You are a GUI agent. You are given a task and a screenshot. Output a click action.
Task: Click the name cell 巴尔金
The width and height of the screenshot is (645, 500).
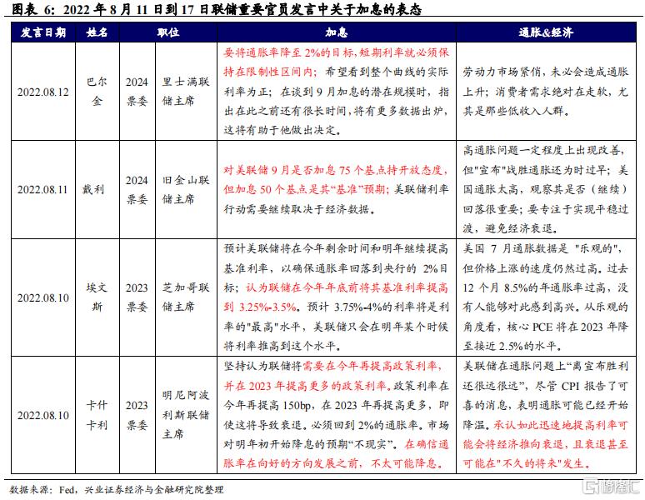(97, 92)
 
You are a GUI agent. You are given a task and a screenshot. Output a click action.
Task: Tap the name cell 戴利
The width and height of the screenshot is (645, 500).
(97, 190)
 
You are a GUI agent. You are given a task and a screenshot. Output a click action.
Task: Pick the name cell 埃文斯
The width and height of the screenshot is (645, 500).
(97, 296)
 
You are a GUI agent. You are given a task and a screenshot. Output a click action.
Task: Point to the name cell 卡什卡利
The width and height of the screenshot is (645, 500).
(97, 414)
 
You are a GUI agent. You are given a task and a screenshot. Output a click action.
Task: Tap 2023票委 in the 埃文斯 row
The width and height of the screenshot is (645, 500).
(136, 296)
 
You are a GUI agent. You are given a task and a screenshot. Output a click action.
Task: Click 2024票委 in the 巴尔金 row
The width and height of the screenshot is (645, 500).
(136, 92)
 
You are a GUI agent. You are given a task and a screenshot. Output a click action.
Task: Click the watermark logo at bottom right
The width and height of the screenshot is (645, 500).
(612, 485)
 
